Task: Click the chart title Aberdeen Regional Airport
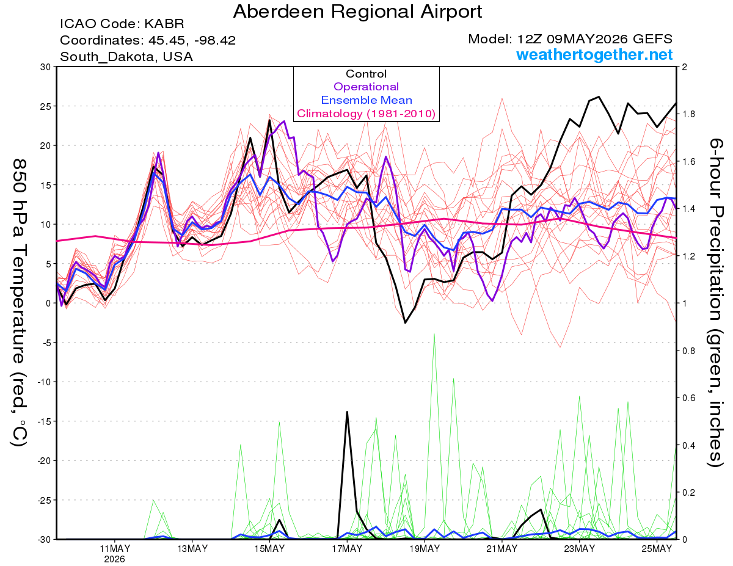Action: coord(357,12)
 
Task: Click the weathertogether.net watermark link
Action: coord(594,54)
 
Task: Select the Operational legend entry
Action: coord(366,87)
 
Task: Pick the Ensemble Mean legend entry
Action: coord(366,100)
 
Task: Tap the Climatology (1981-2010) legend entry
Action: coord(366,114)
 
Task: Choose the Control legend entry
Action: coord(366,73)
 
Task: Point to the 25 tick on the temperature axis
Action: coord(45,106)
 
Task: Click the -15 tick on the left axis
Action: coord(44,421)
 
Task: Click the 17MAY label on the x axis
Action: coord(347,548)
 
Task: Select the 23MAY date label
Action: coord(580,548)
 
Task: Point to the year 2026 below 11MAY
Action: coord(114,560)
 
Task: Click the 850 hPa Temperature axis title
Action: coord(20,302)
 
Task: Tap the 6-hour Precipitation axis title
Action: coord(715,302)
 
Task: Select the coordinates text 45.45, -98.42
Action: coord(192,40)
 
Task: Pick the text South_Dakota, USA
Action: coord(126,57)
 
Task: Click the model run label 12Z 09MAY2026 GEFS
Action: coord(595,39)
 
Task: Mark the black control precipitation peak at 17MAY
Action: coord(347,412)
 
